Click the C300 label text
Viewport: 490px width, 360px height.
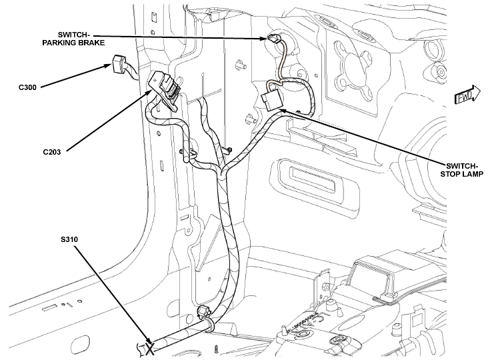coord(27,87)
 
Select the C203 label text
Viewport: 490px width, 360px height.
coord(52,152)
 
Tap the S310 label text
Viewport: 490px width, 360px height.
coord(69,240)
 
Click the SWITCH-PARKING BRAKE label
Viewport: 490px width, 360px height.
coord(73,39)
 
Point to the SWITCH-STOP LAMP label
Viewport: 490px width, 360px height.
coord(462,170)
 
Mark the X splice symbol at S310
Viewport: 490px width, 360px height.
coord(150,348)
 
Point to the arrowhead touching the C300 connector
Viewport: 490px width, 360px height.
coord(107,66)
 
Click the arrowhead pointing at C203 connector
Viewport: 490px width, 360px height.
coord(150,93)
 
